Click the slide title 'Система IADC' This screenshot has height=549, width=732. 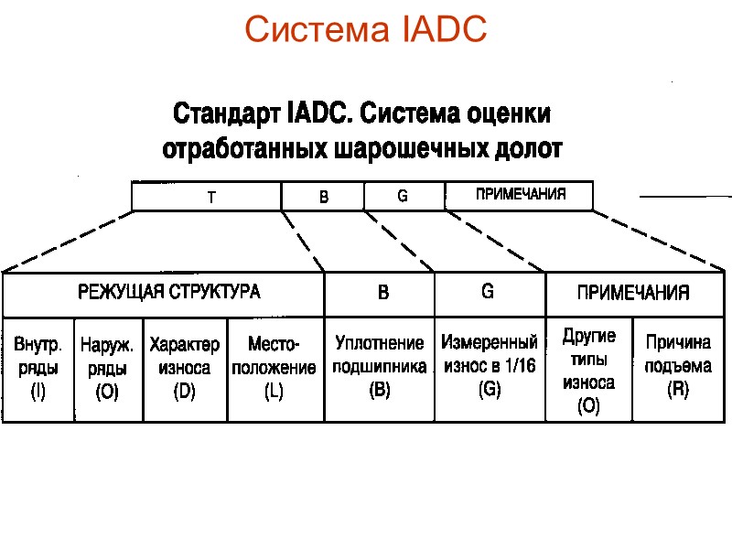tap(365, 30)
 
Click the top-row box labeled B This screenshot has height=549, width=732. tap(322, 197)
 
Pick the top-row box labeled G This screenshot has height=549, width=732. tap(404, 197)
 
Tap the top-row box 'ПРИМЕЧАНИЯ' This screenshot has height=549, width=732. tap(519, 196)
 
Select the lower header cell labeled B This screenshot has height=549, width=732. tap(381, 293)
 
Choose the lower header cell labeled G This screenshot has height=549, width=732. tap(489, 293)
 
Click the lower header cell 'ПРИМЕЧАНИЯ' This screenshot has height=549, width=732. tap(632, 293)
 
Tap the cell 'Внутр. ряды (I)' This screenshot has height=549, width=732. tap(38, 369)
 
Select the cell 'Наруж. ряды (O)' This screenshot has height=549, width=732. tap(108, 369)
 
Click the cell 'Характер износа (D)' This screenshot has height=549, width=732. tap(185, 369)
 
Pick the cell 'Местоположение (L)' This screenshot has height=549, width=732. tap(274, 369)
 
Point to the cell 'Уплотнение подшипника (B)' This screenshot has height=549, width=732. tap(380, 369)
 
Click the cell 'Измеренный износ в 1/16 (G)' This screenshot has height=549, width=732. tap(490, 369)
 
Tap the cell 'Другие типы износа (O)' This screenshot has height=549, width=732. tap(588, 370)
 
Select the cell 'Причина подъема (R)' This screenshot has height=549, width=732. tap(678, 369)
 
